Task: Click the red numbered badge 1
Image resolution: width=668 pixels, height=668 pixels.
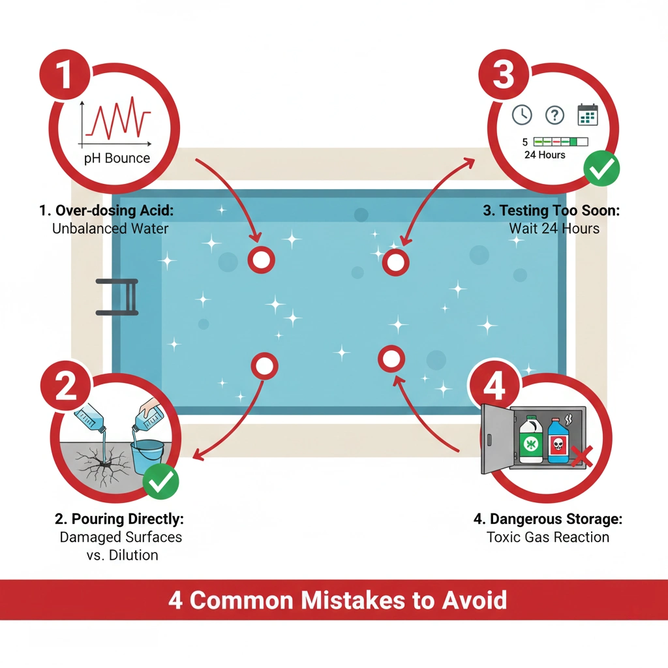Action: (x=65, y=74)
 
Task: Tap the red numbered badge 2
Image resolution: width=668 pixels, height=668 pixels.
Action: (x=66, y=386)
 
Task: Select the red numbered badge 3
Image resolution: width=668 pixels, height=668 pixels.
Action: (x=504, y=74)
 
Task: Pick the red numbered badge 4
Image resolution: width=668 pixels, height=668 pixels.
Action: (x=494, y=386)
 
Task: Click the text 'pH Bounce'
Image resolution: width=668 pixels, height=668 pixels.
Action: (x=117, y=158)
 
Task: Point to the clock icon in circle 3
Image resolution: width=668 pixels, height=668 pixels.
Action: (x=522, y=115)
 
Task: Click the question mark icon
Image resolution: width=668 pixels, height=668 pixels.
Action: (x=554, y=115)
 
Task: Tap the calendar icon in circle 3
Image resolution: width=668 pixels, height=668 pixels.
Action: (x=588, y=115)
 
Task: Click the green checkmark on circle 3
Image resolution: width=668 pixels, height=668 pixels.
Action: (x=601, y=168)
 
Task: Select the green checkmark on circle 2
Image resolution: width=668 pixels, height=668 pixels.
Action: (x=160, y=481)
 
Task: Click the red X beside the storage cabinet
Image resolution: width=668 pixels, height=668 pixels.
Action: (x=581, y=457)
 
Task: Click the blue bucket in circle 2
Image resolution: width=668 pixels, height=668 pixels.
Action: (x=147, y=457)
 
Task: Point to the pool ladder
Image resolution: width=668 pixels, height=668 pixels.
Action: (x=117, y=297)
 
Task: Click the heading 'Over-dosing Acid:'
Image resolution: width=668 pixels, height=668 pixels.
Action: (x=115, y=211)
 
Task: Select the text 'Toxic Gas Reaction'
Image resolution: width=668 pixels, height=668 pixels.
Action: (x=548, y=538)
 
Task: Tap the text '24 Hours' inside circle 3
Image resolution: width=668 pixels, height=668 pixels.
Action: (x=545, y=155)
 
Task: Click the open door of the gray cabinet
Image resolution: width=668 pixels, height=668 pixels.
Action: (x=496, y=439)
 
